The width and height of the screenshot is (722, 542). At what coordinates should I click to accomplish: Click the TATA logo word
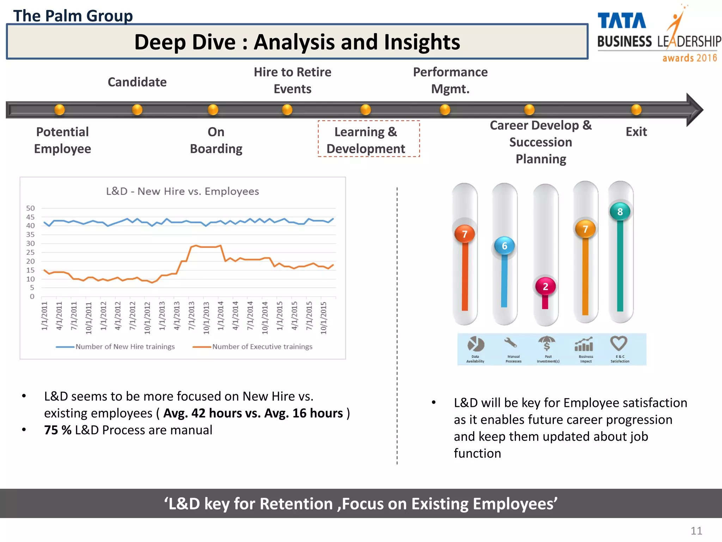(622, 21)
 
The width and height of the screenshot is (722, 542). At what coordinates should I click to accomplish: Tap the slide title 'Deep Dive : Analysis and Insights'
(297, 42)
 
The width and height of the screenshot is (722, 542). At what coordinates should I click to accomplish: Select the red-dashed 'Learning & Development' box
(368, 139)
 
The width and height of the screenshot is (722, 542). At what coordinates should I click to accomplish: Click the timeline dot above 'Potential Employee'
(60, 109)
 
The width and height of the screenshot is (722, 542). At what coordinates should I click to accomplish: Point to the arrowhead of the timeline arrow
(695, 110)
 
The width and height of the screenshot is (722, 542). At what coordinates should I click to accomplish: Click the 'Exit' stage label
(636, 132)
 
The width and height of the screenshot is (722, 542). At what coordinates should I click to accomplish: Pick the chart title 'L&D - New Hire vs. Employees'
(182, 191)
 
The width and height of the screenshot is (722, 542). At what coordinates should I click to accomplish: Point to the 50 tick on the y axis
(30, 208)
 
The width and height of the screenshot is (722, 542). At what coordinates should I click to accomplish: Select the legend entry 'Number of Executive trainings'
(262, 347)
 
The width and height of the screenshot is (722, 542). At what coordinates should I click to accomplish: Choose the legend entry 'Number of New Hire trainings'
(125, 347)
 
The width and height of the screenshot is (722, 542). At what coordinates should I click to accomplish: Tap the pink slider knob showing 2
(545, 286)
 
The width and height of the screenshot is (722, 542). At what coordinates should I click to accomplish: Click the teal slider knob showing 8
(620, 212)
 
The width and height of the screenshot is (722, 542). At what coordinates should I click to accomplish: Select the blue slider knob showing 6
(504, 246)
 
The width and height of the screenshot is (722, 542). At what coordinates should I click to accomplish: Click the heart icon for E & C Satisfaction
(619, 343)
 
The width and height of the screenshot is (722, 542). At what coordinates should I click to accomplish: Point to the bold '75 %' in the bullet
(57, 430)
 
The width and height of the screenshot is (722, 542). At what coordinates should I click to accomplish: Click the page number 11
(696, 531)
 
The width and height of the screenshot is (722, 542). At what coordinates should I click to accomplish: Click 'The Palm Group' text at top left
(73, 16)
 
